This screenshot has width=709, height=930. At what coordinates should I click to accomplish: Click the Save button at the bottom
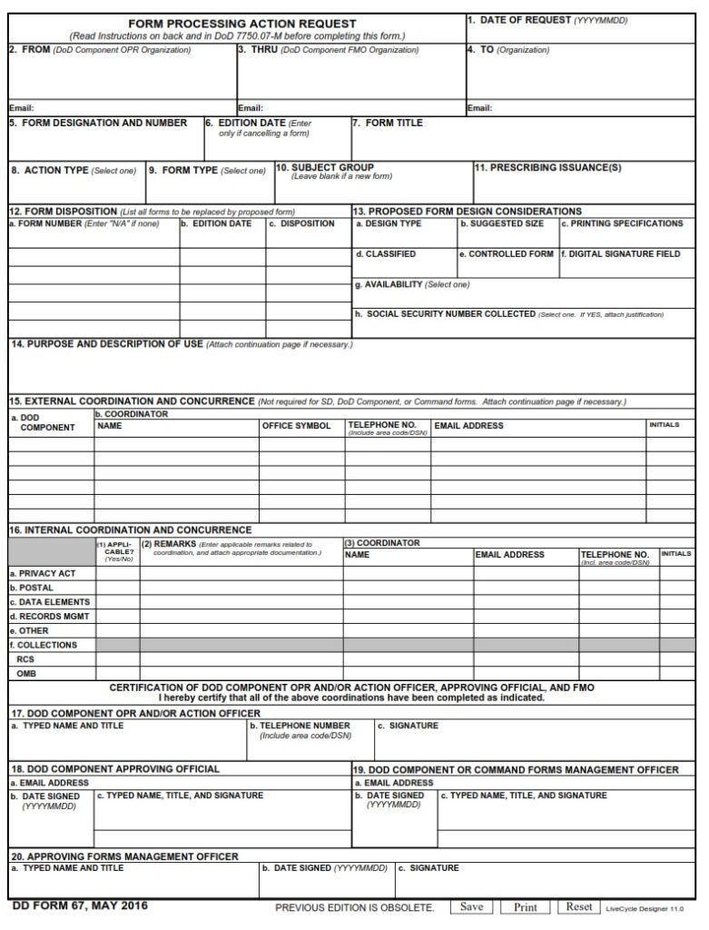tap(471, 906)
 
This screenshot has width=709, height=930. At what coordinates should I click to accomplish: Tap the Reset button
tap(579, 906)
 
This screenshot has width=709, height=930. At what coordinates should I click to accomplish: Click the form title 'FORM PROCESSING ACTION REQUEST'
tap(241, 24)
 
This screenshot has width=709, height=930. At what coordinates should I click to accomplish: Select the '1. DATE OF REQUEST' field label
tap(518, 20)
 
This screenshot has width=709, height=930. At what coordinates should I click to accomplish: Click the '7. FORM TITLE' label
tap(388, 123)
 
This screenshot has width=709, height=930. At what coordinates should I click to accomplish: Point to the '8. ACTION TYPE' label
tap(50, 170)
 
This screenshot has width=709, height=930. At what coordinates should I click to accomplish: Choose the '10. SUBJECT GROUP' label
tap(325, 167)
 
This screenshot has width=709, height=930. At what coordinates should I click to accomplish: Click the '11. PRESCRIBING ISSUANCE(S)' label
tap(548, 167)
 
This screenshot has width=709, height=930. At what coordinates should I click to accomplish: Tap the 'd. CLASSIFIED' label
tap(386, 254)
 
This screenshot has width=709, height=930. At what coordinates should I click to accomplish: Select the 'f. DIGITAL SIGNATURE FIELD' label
tap(620, 254)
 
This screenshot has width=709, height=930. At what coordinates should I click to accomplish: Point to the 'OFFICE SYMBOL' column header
tap(297, 425)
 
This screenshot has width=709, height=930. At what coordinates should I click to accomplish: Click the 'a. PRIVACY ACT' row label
tap(43, 573)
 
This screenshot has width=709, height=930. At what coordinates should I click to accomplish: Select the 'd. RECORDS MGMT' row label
tap(49, 616)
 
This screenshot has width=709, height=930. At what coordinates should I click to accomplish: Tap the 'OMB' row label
tap(27, 673)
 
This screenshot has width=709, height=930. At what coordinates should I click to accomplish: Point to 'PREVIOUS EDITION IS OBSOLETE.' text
tap(354, 907)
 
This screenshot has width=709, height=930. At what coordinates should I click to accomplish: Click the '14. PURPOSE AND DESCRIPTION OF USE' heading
tap(106, 344)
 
